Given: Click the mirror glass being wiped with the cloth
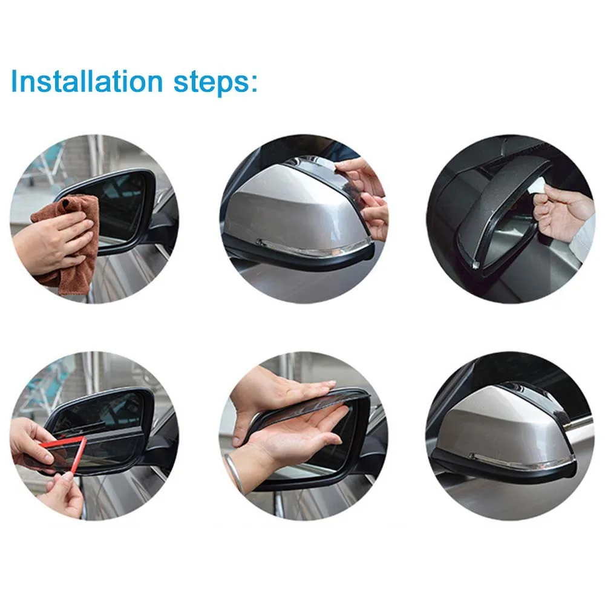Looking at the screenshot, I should pyautogui.click(x=121, y=206).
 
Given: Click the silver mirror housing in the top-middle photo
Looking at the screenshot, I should pyautogui.click(x=284, y=212).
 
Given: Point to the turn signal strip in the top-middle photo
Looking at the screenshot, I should pyautogui.click(x=315, y=248).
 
